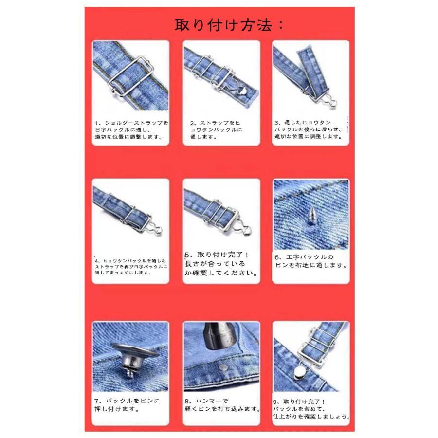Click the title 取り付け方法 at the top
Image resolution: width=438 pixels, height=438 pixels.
[229, 25]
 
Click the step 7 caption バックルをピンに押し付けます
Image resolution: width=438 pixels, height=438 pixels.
[127, 404]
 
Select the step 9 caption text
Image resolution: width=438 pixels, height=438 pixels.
[311, 409]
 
